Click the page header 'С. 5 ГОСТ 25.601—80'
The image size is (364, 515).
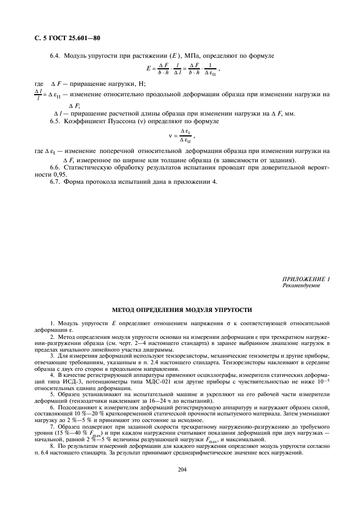pyautogui.click(x=64, y=38)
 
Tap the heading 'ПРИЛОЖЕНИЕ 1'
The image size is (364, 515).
pyautogui.click(x=306, y=280)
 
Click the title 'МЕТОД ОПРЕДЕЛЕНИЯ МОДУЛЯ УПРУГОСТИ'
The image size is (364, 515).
pyautogui.click(x=182, y=310)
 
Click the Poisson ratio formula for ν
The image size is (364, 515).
pyautogui.click(x=182, y=135)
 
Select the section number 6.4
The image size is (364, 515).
pyautogui.click(x=55, y=56)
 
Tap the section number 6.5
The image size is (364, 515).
pyautogui.click(x=55, y=120)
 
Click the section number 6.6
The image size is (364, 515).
pyautogui.click(x=55, y=167)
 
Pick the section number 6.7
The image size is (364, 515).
pyautogui.click(x=55, y=181)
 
